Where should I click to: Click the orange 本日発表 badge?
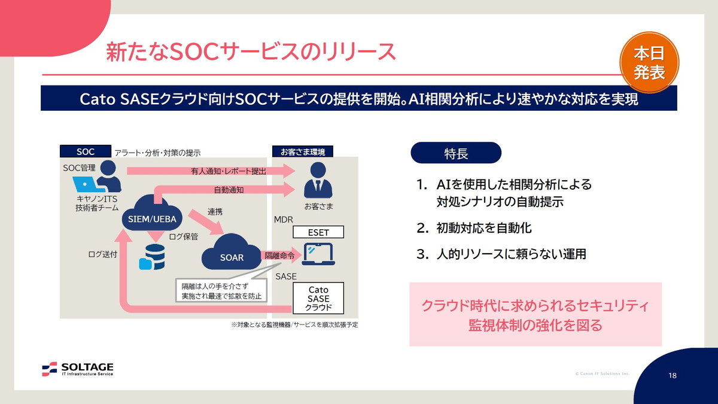pyautogui.click(x=649, y=63)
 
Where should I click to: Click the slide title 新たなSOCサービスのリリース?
pyautogui.click(x=251, y=51)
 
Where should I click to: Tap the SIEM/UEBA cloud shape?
pyautogui.click(x=152, y=217)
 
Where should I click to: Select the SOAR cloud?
pyautogui.click(x=232, y=256)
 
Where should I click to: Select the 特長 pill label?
pyautogui.click(x=456, y=153)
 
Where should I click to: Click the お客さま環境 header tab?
pyautogui.click(x=302, y=151)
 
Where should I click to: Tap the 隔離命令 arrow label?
pyautogui.click(x=279, y=256)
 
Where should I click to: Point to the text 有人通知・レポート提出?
pyautogui.click(x=229, y=171)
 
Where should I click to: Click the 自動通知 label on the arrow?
pyautogui.click(x=229, y=190)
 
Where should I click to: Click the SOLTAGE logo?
pyautogui.click(x=78, y=369)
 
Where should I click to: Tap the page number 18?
pyautogui.click(x=673, y=376)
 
